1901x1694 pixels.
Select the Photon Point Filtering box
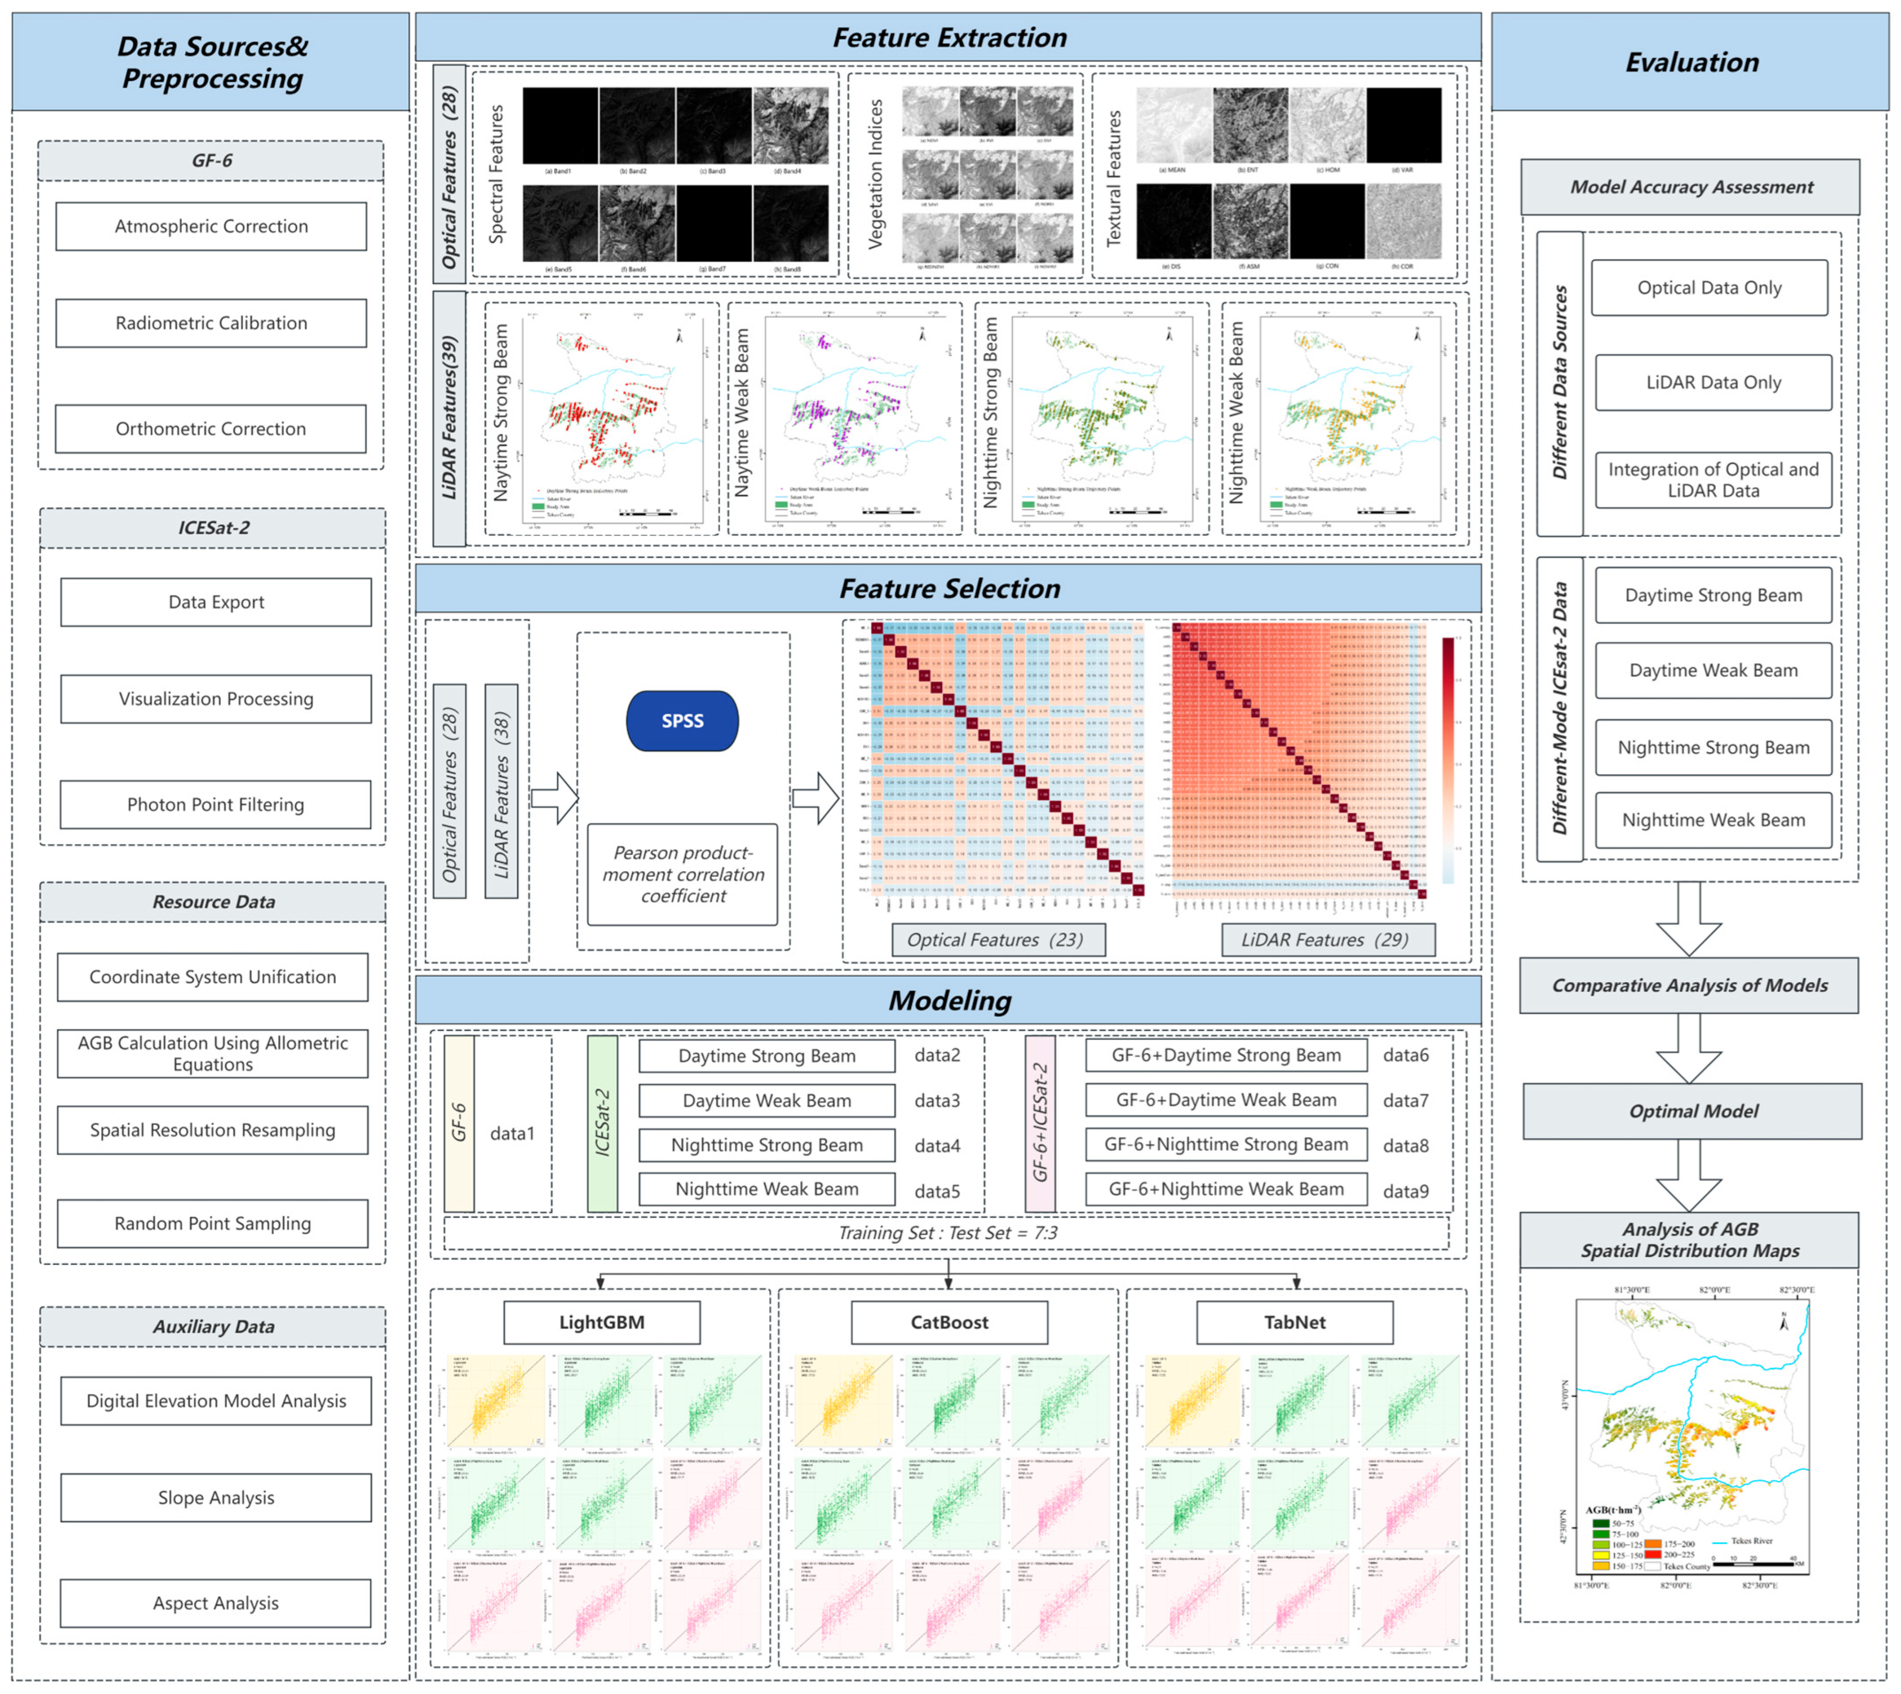(x=215, y=804)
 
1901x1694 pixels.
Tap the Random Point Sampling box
(x=212, y=1223)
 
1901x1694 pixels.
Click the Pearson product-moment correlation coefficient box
(x=682, y=874)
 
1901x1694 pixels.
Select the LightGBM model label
(x=601, y=1322)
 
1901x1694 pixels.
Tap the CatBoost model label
(x=949, y=1322)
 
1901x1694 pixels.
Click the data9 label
(x=1405, y=1192)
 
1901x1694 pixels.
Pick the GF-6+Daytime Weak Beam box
(x=1226, y=1100)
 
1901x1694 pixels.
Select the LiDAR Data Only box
(x=1713, y=382)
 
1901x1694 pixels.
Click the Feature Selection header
(x=949, y=588)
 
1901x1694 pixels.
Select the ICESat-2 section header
(x=213, y=528)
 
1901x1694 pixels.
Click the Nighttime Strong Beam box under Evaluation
(x=1713, y=747)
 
